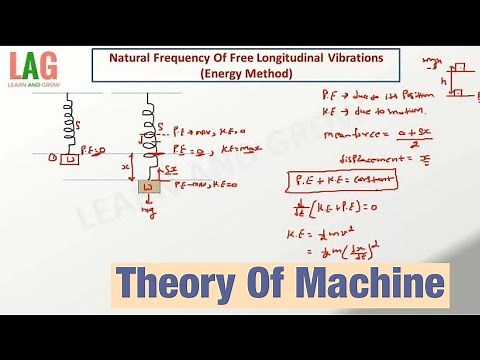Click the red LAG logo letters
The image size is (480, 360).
[33, 67]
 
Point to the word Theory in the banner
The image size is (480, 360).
[165, 285]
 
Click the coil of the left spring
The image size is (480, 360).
[68, 125]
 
